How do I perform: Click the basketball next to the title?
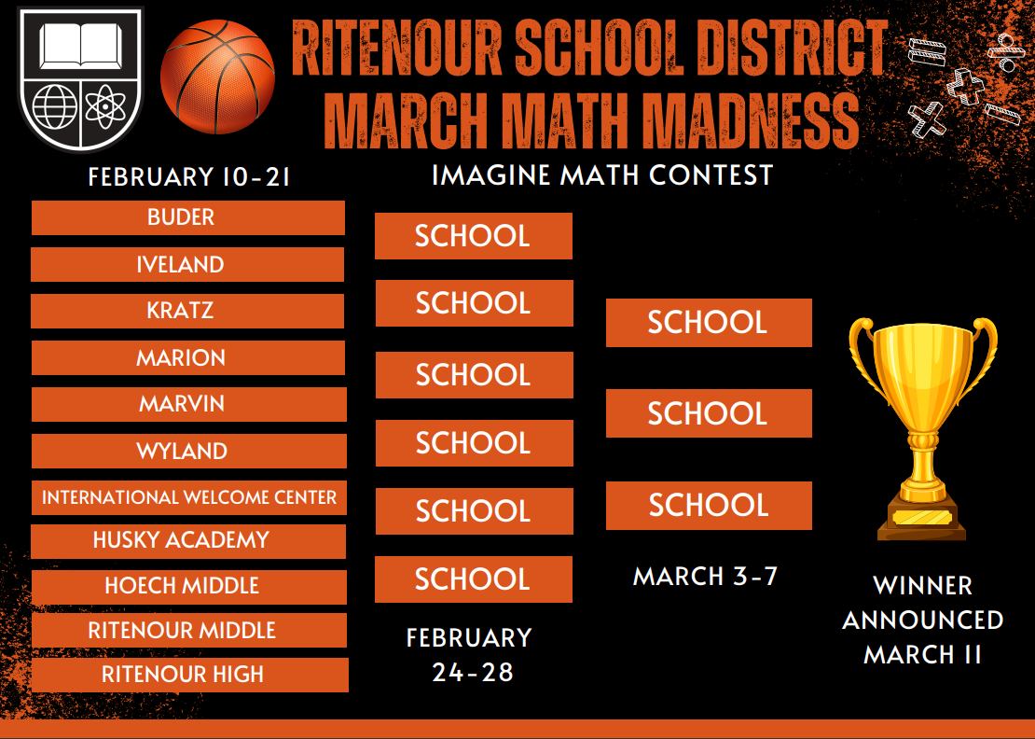pyautogui.click(x=217, y=78)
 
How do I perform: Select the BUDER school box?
pyautogui.click(x=188, y=217)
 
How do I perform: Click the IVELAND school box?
pyautogui.click(x=187, y=264)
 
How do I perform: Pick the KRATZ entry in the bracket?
pyautogui.click(x=187, y=311)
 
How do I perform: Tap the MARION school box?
pyautogui.click(x=187, y=357)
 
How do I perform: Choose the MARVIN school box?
pyautogui.click(x=187, y=404)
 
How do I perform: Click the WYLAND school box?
pyautogui.click(x=187, y=451)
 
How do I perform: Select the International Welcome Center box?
pyautogui.click(x=188, y=497)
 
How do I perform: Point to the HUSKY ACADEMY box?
pyautogui.click(x=188, y=540)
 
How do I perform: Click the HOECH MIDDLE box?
pyautogui.click(x=188, y=586)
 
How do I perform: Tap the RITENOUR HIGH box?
pyautogui.click(x=188, y=675)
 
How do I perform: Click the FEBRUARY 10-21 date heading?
pyautogui.click(x=189, y=177)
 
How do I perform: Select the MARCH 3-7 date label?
pyautogui.click(x=706, y=577)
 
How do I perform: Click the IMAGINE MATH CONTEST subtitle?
pyautogui.click(x=602, y=174)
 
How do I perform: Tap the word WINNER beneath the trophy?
pyautogui.click(x=923, y=586)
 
